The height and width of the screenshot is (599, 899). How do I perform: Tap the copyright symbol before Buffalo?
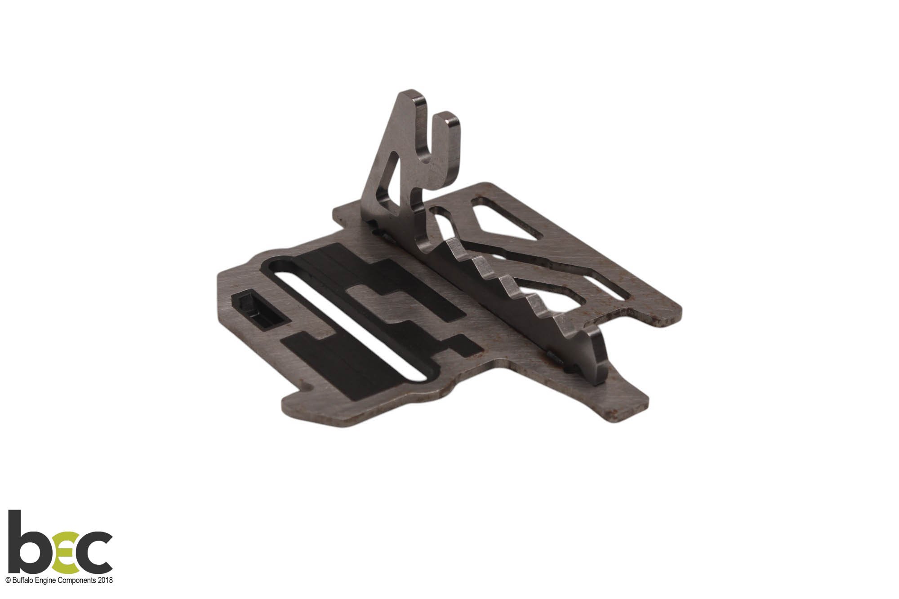click(8, 580)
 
